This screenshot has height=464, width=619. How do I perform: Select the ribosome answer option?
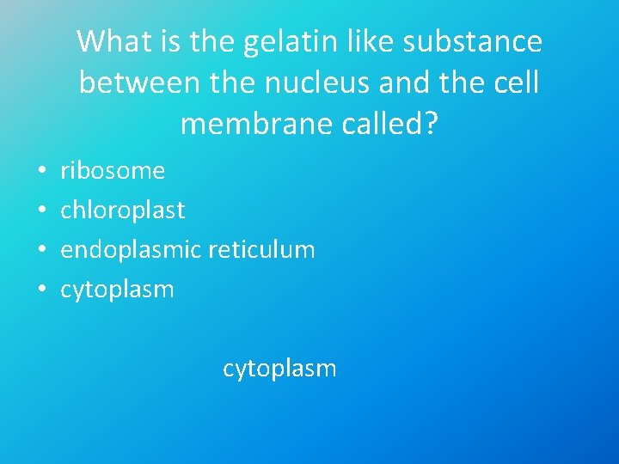[112, 171]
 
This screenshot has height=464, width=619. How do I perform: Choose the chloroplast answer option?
[122, 211]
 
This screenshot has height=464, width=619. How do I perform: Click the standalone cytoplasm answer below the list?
[279, 369]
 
